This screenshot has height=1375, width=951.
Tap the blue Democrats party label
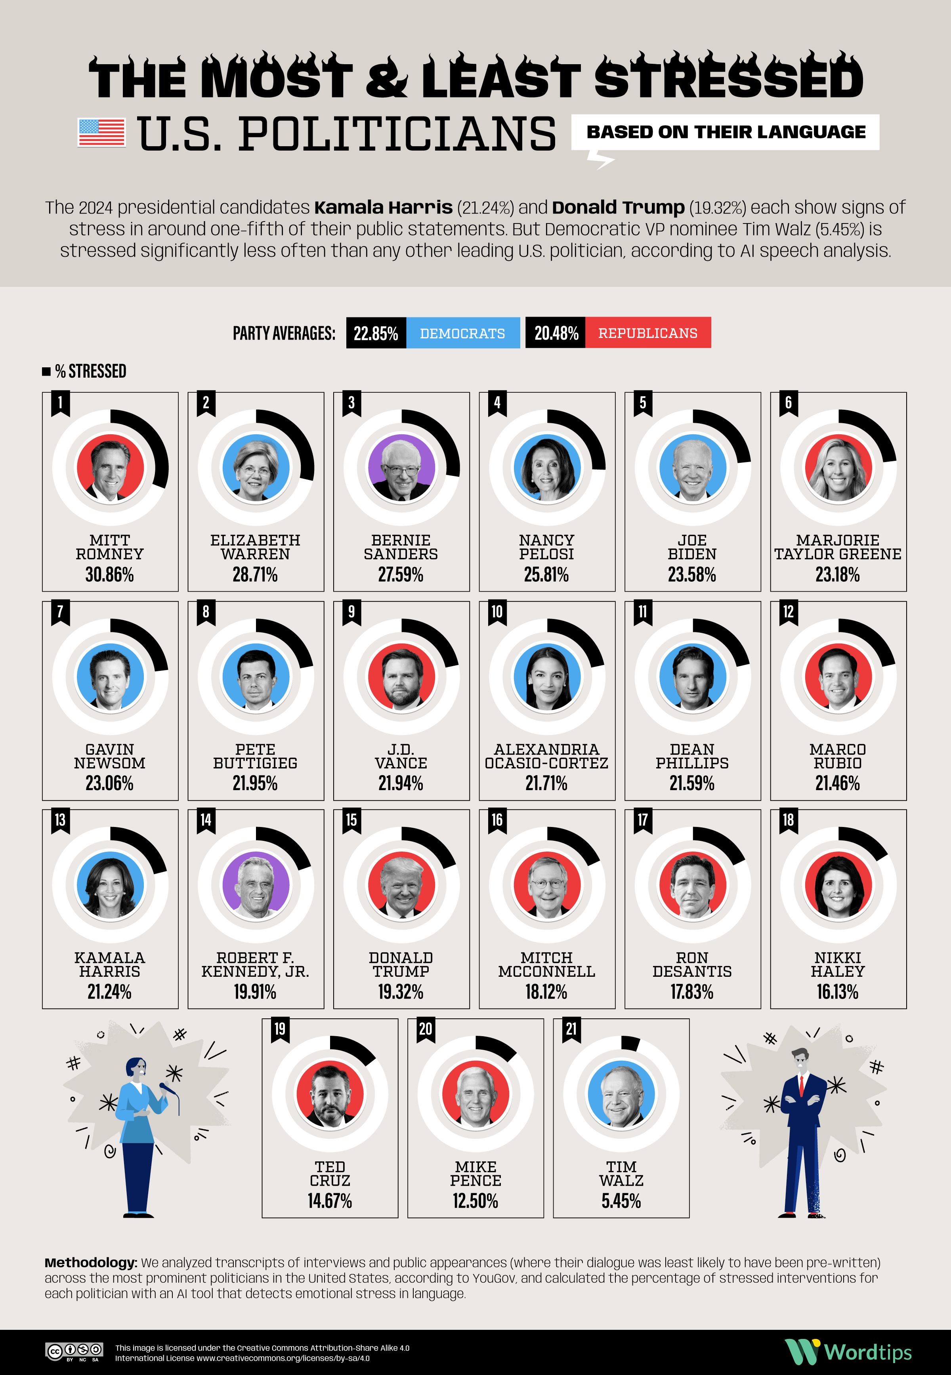462,333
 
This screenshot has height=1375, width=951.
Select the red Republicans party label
648,333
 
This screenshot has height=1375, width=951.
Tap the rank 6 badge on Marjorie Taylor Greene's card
788,403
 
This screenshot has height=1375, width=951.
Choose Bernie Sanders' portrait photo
401,468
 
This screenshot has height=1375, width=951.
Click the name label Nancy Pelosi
546,547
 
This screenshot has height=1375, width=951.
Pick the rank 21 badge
571,1029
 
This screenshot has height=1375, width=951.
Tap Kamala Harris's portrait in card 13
110,885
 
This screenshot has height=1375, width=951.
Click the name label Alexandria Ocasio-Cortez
546,756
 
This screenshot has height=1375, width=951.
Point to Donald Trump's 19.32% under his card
401,991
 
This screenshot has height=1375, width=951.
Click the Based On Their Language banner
725,132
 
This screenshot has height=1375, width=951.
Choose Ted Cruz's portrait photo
330,1094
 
